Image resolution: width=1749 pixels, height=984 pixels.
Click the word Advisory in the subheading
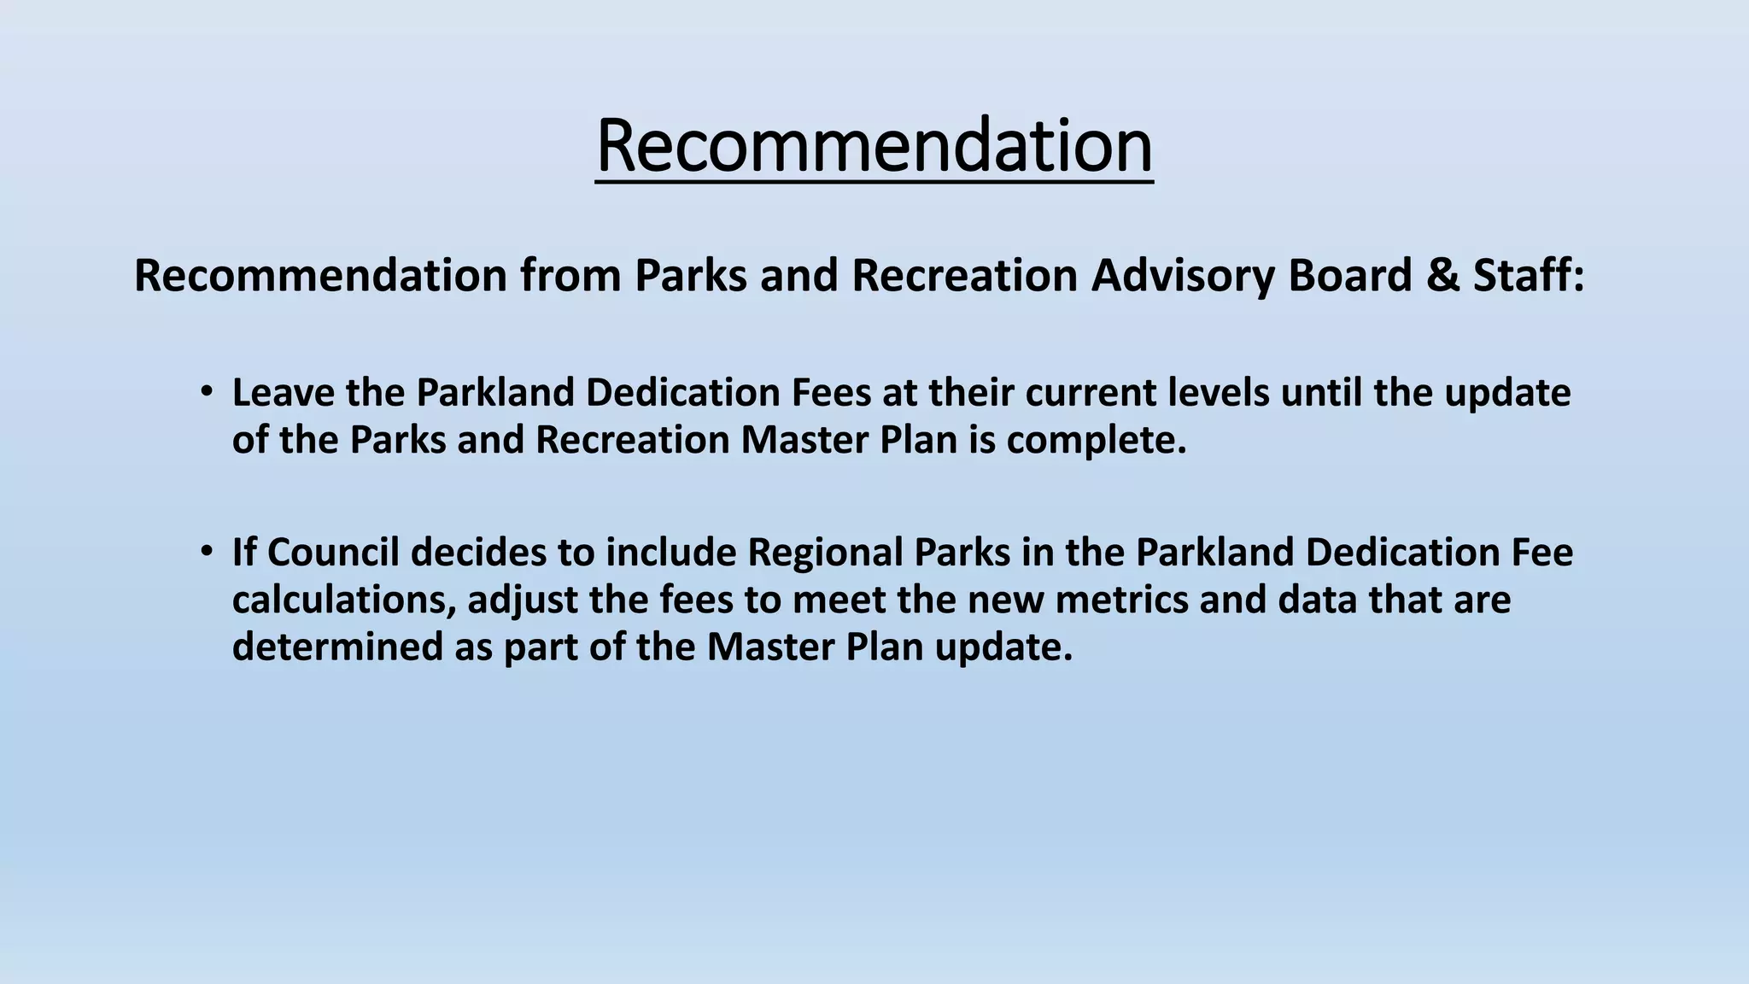[x=1182, y=276]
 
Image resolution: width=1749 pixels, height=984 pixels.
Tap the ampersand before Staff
[x=1442, y=276]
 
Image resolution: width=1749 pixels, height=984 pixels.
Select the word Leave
[x=284, y=393]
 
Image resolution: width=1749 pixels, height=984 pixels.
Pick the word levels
[x=1217, y=393]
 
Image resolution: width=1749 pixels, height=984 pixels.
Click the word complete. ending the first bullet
[x=1097, y=441]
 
